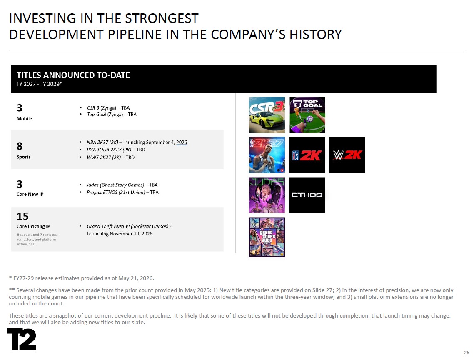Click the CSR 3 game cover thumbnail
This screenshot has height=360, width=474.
click(x=267, y=115)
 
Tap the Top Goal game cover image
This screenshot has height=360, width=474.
click(x=307, y=115)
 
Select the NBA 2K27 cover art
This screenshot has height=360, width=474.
click(x=267, y=155)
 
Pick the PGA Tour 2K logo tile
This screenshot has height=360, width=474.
click(x=307, y=155)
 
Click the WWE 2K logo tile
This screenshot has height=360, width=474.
click(x=347, y=155)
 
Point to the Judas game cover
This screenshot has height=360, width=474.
click(x=267, y=195)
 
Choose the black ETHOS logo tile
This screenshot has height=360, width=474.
click(x=307, y=195)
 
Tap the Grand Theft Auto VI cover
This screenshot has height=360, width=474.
click(x=267, y=237)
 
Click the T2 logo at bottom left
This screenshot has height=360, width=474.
click(x=22, y=340)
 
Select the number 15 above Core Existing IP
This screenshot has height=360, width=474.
click(x=22, y=216)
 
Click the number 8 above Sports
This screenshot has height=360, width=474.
click(x=20, y=146)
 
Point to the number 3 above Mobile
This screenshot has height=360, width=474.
click(x=20, y=108)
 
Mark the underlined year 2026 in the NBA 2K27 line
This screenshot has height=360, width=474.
click(x=182, y=142)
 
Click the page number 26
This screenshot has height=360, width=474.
click(x=467, y=352)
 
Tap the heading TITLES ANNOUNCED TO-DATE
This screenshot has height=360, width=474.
click(x=73, y=75)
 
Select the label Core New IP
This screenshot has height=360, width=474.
click(x=30, y=194)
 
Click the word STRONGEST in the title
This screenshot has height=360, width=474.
click(x=162, y=18)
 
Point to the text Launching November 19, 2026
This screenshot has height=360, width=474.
click(x=120, y=234)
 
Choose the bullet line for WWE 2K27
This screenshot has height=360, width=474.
click(x=110, y=157)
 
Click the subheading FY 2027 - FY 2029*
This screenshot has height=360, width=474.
click(x=39, y=84)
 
